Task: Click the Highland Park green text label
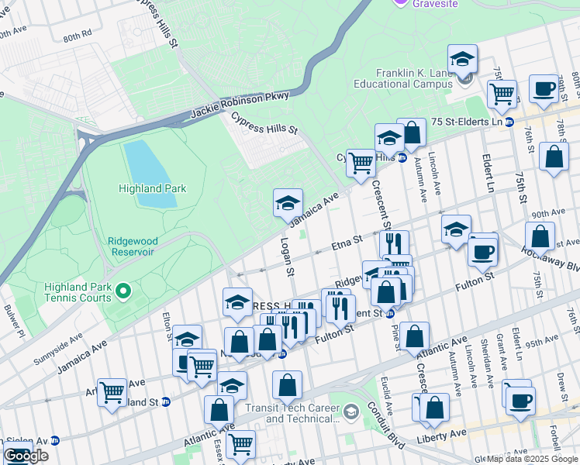152,188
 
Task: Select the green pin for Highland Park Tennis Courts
123,292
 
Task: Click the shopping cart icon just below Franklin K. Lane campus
502,93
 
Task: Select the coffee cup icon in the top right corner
544,88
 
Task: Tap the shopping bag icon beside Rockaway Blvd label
540,236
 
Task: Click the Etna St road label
347,244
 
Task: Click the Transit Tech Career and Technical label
302,414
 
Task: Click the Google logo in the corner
26,456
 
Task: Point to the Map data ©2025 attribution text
532,458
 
